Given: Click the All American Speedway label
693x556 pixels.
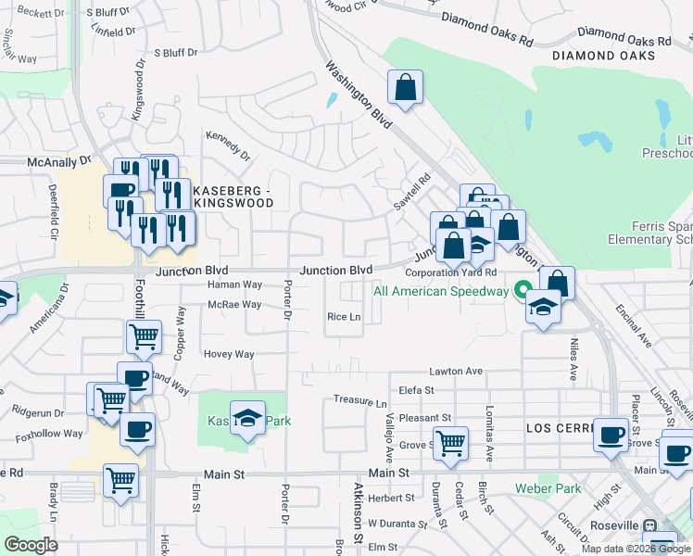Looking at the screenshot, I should pos(441,291).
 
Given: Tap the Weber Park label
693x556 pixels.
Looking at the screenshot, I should pos(548,488).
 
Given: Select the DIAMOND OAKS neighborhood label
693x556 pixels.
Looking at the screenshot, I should pos(603,56).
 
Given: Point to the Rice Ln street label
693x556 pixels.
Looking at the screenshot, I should pos(343,317).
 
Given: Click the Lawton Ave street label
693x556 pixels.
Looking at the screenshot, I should pos(456,371).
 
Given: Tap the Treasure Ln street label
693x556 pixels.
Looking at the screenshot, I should pos(360,402).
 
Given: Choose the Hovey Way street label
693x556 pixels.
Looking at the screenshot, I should pos(229,354).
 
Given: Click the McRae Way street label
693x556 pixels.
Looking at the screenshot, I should pos(229,304).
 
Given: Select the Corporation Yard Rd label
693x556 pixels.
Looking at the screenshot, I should pos(451,272).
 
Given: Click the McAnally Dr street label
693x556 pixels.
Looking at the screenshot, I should pos(59,161).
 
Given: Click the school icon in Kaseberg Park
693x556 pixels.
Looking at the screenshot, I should pos(247,416).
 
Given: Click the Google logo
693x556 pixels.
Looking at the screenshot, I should pos(31,545).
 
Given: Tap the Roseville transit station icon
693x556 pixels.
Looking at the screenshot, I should pos(650,525).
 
